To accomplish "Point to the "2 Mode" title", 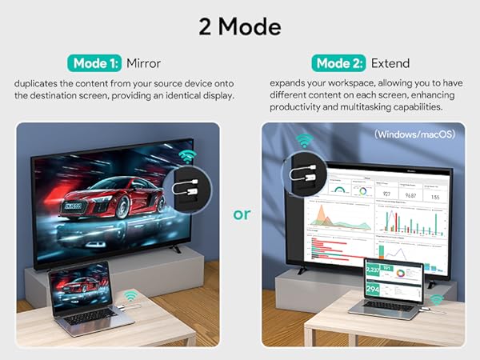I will pos(240,26).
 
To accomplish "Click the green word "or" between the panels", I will pos(241,214).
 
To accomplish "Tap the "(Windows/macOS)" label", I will pos(414,134).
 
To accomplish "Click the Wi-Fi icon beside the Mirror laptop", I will pos(130,296).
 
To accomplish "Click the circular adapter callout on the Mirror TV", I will pos(189,191).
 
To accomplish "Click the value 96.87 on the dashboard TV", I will pos(411,194).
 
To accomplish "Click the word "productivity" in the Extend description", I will pos(297,106).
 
